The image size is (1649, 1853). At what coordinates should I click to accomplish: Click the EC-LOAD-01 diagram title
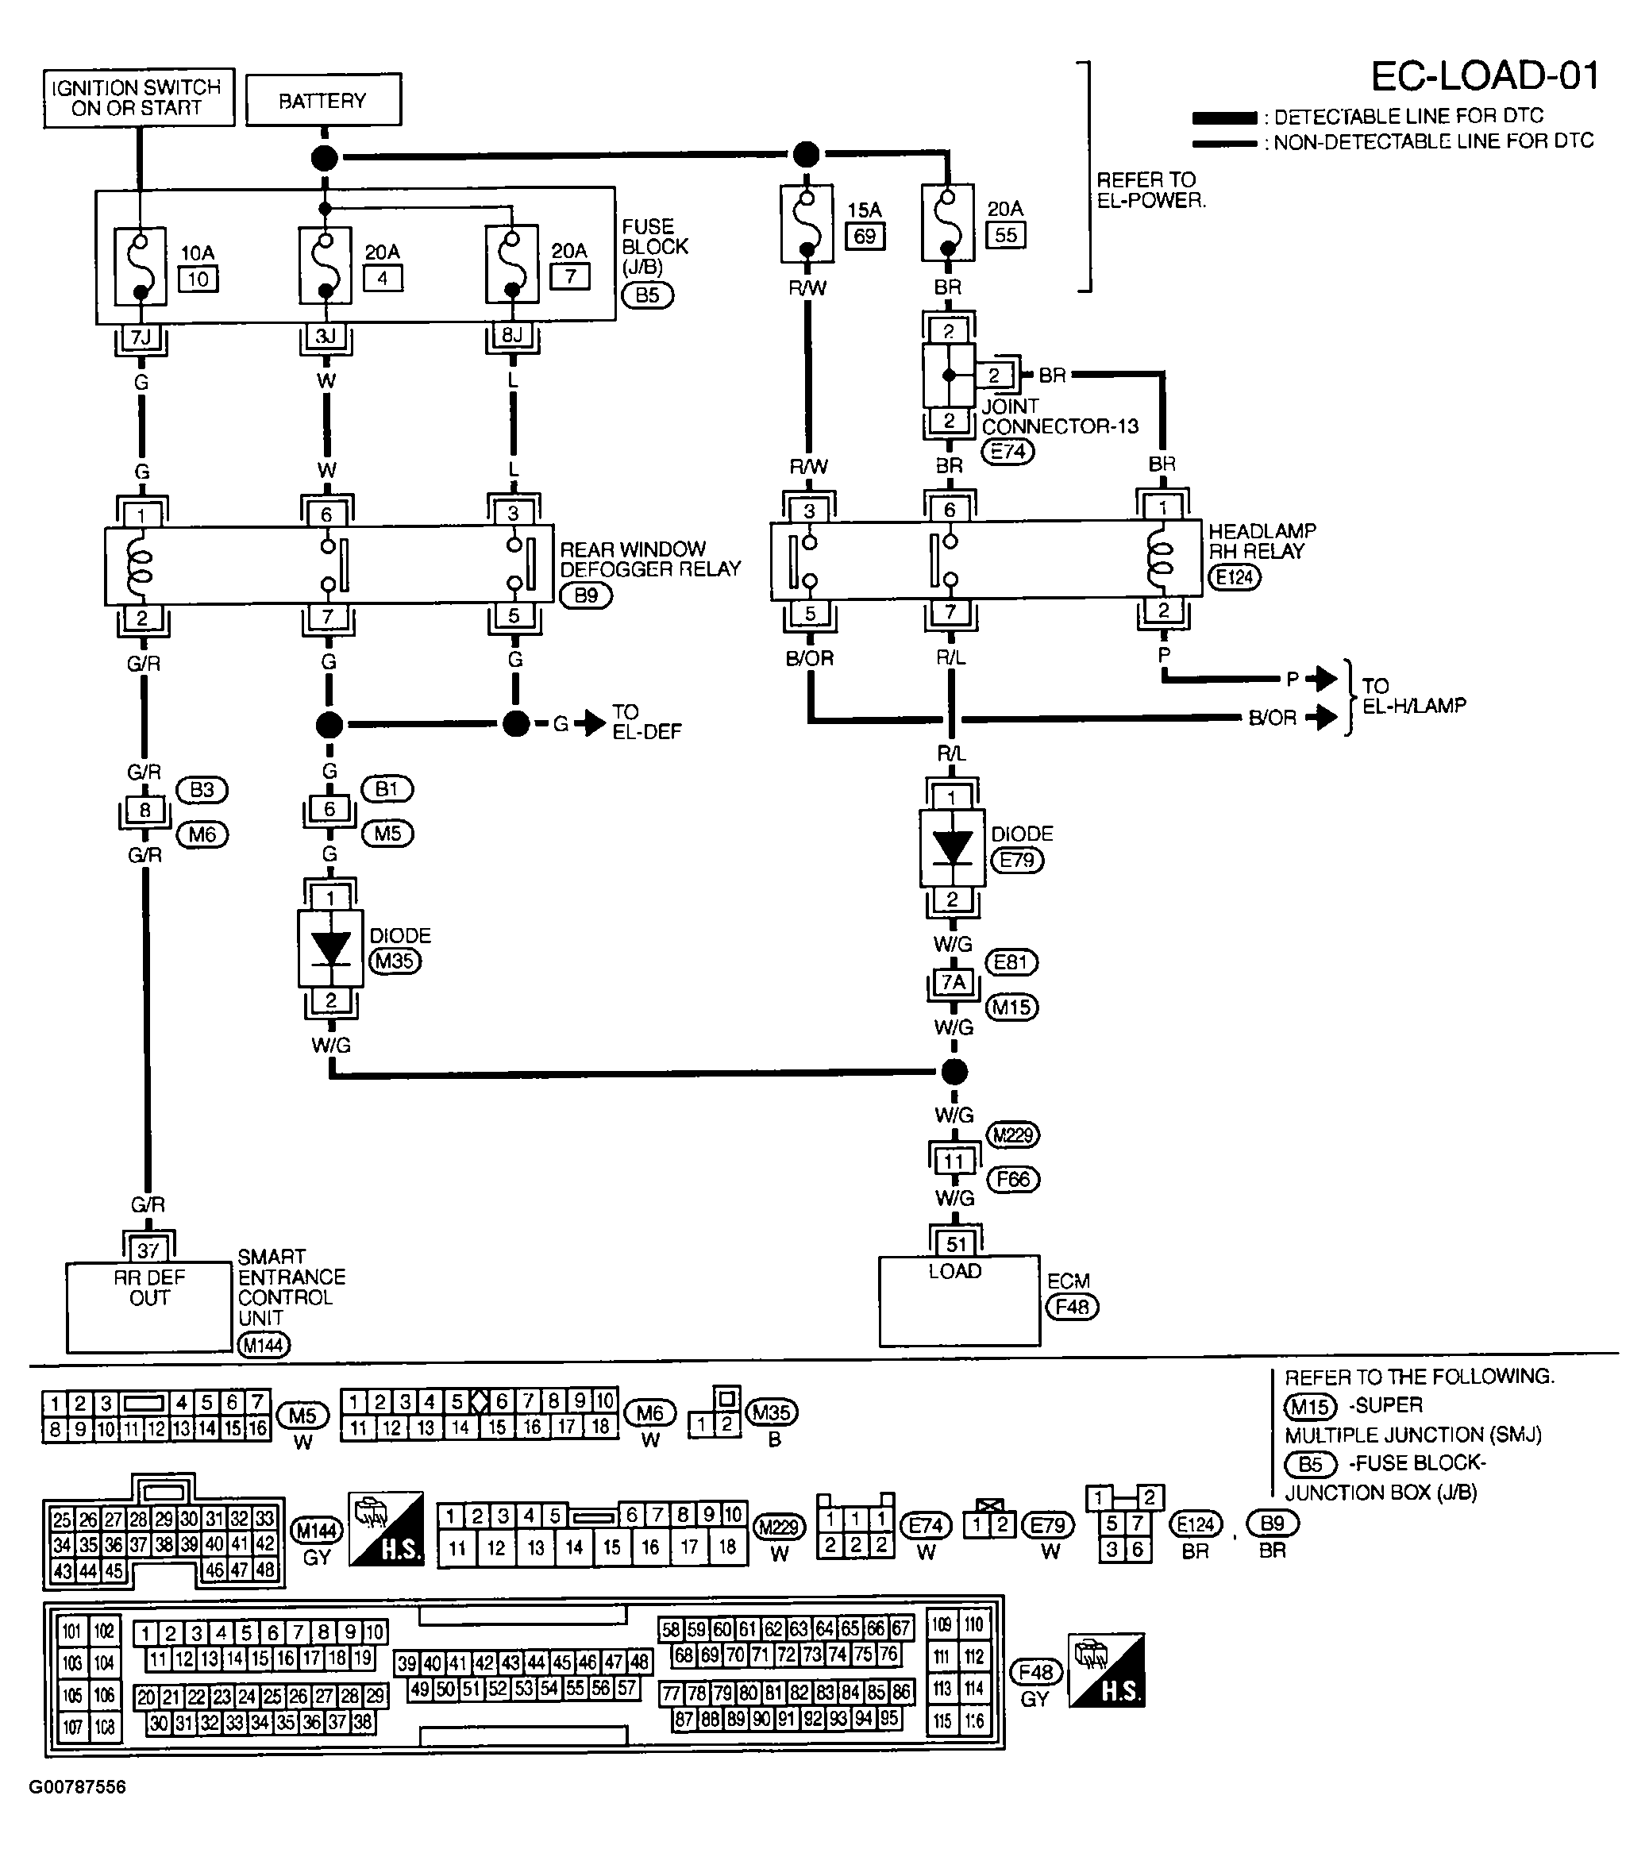tap(1484, 76)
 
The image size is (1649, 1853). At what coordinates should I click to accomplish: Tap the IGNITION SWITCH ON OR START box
tap(138, 98)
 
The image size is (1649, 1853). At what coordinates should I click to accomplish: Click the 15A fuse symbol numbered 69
tap(806, 224)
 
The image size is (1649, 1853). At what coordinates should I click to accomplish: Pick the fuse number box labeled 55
tap(1005, 235)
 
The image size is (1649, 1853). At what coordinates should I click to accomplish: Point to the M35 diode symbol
tap(330, 948)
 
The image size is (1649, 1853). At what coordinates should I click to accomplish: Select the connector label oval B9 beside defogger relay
tap(586, 595)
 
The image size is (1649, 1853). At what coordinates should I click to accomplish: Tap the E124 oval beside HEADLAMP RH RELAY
tap(1234, 576)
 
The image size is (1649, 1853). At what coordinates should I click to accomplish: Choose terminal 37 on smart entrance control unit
tap(148, 1250)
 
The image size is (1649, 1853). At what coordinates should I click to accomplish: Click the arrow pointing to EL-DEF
tap(593, 722)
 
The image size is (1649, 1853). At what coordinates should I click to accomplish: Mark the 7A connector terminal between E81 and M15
tap(953, 983)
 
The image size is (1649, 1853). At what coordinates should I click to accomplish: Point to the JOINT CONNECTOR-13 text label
tap(1059, 416)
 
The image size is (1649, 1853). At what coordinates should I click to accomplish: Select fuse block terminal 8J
tap(512, 335)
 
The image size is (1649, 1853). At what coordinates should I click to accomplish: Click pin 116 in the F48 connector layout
tap(973, 1720)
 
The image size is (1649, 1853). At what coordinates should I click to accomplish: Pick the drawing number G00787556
tap(77, 1787)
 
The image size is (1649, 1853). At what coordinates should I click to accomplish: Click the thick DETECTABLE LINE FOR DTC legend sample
tap(1223, 117)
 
